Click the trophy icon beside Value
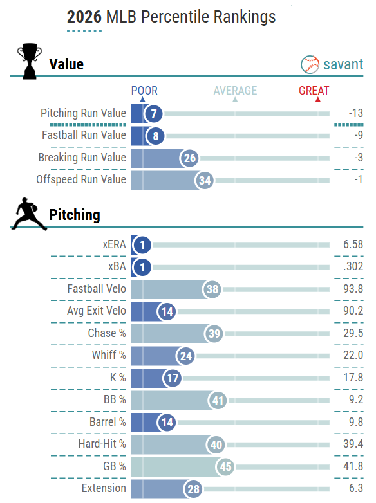(x=30, y=61)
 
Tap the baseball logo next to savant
(x=310, y=64)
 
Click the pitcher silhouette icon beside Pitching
(x=29, y=214)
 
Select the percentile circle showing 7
(x=153, y=114)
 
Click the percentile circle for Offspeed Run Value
(x=205, y=180)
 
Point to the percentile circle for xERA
(x=142, y=245)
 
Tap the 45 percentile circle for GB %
(x=225, y=467)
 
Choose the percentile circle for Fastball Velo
(x=212, y=289)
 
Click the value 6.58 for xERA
(x=353, y=244)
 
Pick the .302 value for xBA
(x=353, y=266)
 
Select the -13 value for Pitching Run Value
(x=356, y=113)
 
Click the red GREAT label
(x=314, y=91)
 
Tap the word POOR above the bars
(x=144, y=91)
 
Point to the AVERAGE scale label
(x=236, y=91)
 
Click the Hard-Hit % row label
(x=102, y=444)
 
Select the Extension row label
(x=104, y=488)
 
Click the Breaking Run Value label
(x=82, y=158)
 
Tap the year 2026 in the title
(x=84, y=17)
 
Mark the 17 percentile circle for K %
(x=173, y=378)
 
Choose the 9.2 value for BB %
(x=356, y=399)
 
